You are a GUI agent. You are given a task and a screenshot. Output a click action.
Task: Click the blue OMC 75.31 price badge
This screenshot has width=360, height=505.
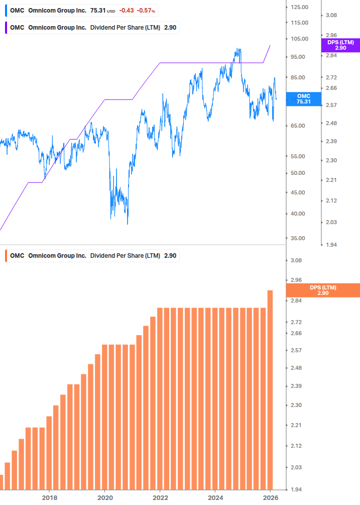click(303, 98)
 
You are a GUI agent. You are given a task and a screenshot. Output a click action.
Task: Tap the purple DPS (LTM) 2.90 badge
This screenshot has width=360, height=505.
click(340, 45)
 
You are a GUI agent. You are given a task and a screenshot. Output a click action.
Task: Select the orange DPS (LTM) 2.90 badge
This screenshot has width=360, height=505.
click(322, 290)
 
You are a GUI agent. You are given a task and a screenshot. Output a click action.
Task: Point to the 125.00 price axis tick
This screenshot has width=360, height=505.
click(299, 7)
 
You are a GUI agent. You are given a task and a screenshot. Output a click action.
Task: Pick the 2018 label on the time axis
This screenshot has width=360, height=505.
click(49, 497)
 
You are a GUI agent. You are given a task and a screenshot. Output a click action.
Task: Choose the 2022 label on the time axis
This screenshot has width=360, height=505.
click(160, 497)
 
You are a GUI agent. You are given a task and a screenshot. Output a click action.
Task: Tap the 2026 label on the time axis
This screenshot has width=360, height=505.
click(271, 497)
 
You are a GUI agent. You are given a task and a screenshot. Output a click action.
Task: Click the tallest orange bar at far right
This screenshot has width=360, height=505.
click(270, 389)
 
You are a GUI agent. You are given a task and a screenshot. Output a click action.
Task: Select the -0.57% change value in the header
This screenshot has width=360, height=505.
click(146, 11)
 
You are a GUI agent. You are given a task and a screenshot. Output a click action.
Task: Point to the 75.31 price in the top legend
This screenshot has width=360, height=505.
click(98, 11)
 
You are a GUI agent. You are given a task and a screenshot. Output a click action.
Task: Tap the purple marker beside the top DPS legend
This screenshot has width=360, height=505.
click(6, 28)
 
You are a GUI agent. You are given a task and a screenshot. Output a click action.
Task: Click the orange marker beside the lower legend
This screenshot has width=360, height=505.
click(6, 256)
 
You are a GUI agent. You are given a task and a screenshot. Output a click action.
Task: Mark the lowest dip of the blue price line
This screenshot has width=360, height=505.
click(128, 224)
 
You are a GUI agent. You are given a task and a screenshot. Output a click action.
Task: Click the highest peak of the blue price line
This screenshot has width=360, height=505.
click(237, 49)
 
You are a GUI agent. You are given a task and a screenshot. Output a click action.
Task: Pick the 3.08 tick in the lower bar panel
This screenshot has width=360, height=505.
click(296, 260)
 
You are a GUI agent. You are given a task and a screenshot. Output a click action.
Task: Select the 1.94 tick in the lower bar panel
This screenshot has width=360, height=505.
click(296, 489)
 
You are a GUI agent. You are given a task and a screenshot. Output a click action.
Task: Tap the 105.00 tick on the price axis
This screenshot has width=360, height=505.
click(299, 39)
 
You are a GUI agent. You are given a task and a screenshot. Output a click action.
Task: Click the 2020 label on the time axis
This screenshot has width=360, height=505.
click(104, 497)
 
